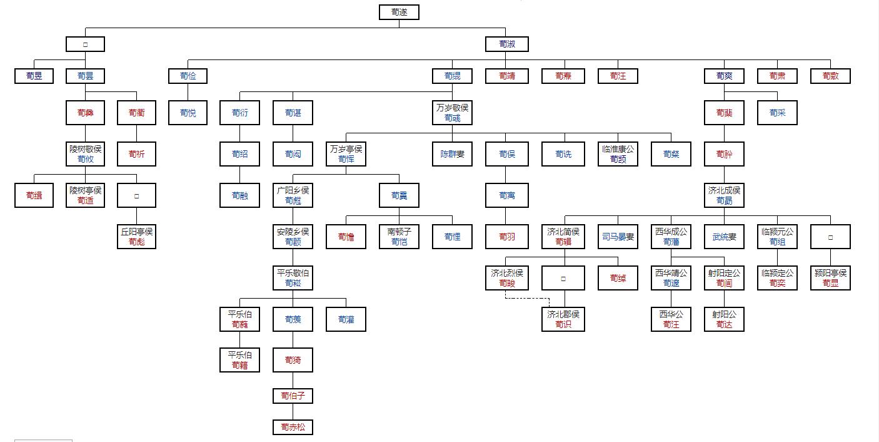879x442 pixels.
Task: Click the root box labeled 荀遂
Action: pyautogui.click(x=399, y=12)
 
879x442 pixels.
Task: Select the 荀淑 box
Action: pyautogui.click(x=506, y=44)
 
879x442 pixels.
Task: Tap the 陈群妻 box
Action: pyautogui.click(x=453, y=154)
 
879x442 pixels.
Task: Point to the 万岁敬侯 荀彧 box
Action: pyautogui.click(x=453, y=113)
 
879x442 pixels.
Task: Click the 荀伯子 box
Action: pyautogui.click(x=293, y=396)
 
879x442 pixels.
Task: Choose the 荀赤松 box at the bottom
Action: pyautogui.click(x=293, y=428)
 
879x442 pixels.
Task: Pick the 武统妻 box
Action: pyautogui.click(x=724, y=237)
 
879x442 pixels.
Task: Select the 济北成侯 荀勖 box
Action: pyautogui.click(x=724, y=195)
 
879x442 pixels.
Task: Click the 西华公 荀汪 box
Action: pyautogui.click(x=671, y=319)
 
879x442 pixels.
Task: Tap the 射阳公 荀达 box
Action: pyautogui.click(x=724, y=319)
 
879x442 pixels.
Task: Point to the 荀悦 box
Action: pyautogui.click(x=188, y=113)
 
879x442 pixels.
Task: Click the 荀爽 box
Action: pyautogui.click(x=724, y=76)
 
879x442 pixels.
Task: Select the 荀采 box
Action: pyautogui.click(x=777, y=113)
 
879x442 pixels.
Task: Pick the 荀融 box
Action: pyautogui.click(x=239, y=195)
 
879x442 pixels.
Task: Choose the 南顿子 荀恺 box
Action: pyautogui.click(x=399, y=237)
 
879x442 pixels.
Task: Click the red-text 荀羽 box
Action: pyautogui.click(x=506, y=237)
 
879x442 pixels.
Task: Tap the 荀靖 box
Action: pyautogui.click(x=506, y=76)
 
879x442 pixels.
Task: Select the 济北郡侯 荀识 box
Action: pyautogui.click(x=563, y=319)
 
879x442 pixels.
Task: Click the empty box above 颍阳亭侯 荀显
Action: pyautogui.click(x=830, y=237)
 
